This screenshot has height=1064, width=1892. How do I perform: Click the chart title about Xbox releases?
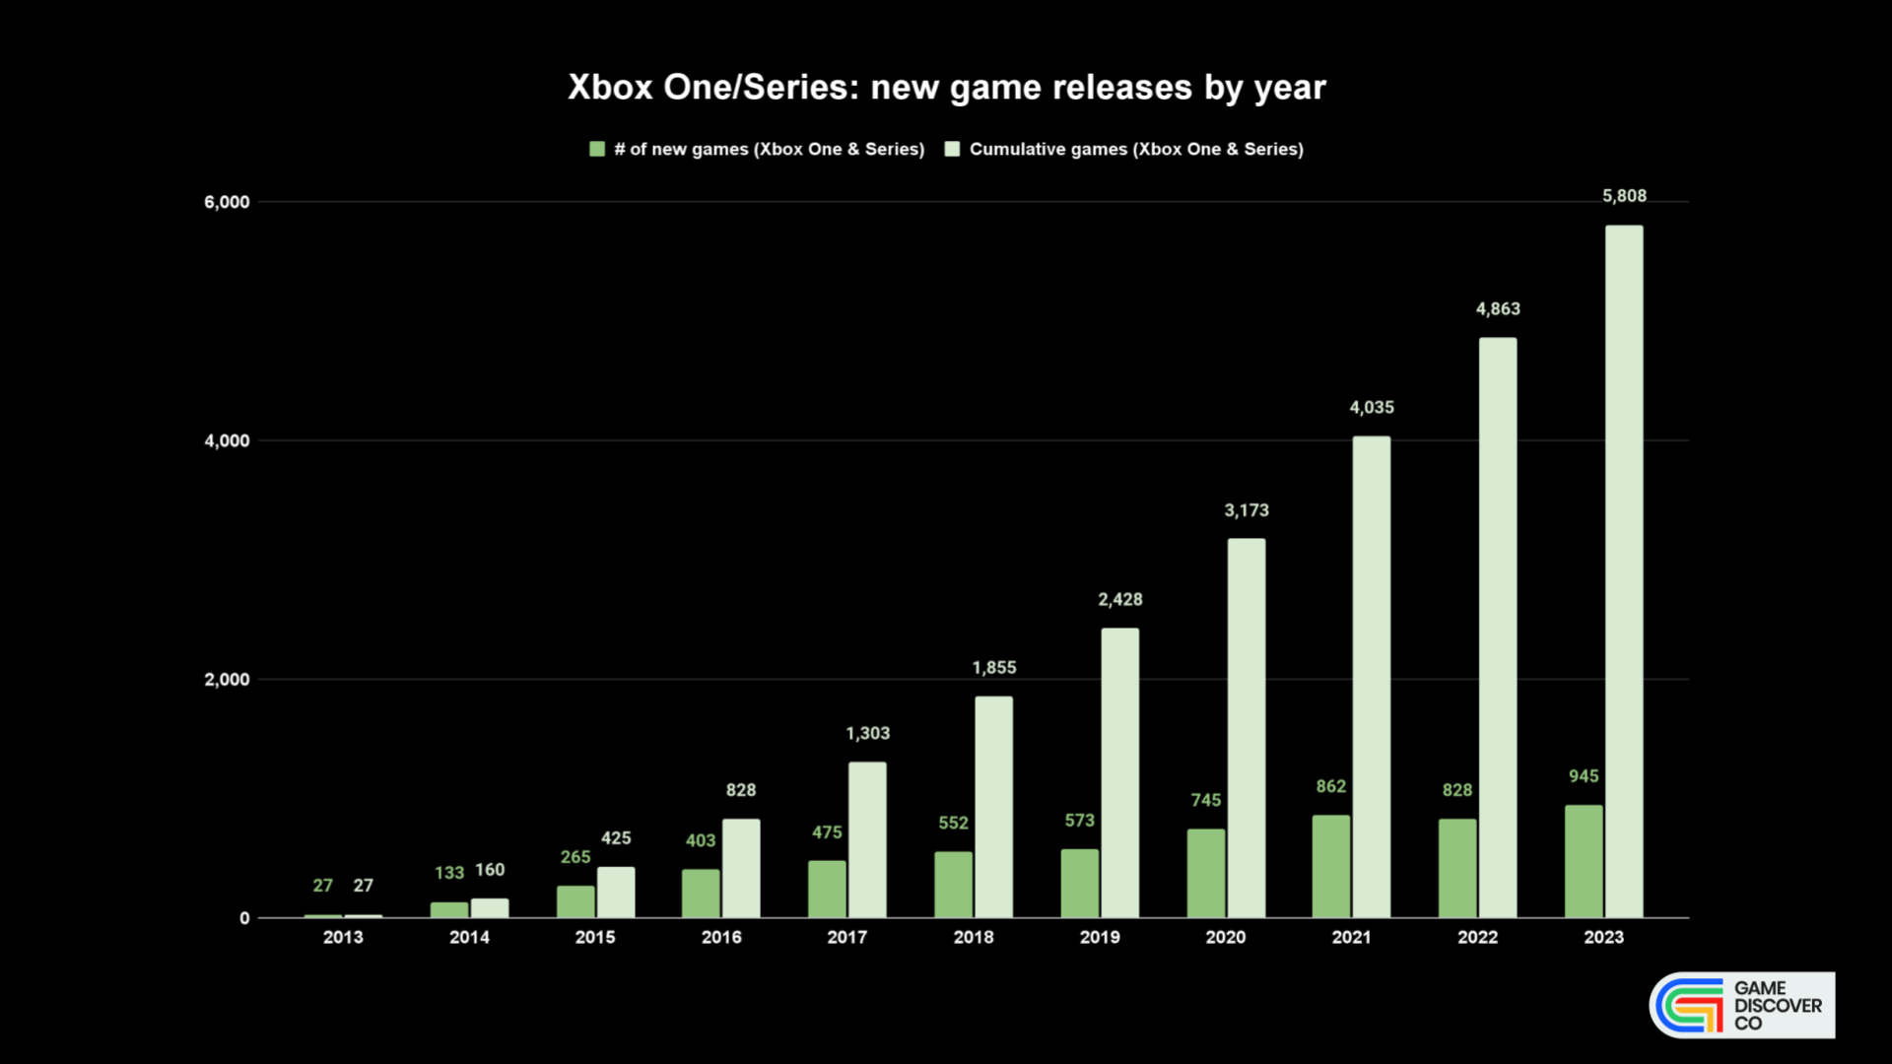946,88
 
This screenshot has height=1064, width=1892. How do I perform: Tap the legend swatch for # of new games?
597,149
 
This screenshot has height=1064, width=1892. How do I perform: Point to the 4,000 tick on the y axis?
227,440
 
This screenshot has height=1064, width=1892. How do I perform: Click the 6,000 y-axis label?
227,202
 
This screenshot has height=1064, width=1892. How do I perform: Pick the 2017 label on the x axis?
847,937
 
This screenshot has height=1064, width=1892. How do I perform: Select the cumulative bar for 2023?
1624,571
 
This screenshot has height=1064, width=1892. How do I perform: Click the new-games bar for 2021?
1331,866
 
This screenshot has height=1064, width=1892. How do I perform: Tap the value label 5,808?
1624,196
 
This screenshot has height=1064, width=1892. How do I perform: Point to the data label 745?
1205,800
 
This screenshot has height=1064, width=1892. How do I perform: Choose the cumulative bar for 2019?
1119,772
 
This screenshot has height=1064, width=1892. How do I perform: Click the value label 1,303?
867,733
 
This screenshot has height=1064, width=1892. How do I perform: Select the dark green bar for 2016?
701,893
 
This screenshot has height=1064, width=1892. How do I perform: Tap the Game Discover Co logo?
1742,1005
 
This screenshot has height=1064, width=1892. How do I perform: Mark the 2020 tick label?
1226,937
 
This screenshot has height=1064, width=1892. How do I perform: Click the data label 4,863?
1498,309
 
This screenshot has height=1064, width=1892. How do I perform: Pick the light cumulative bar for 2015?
616,892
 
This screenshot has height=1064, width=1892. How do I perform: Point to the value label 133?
449,873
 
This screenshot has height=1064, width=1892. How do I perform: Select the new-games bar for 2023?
1584,861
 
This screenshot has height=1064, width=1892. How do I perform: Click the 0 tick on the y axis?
244,918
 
